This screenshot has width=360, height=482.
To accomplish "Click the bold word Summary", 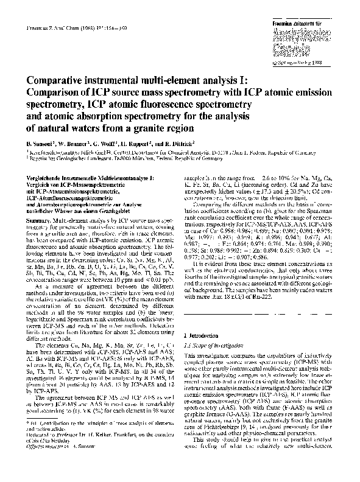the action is point(38,217).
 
